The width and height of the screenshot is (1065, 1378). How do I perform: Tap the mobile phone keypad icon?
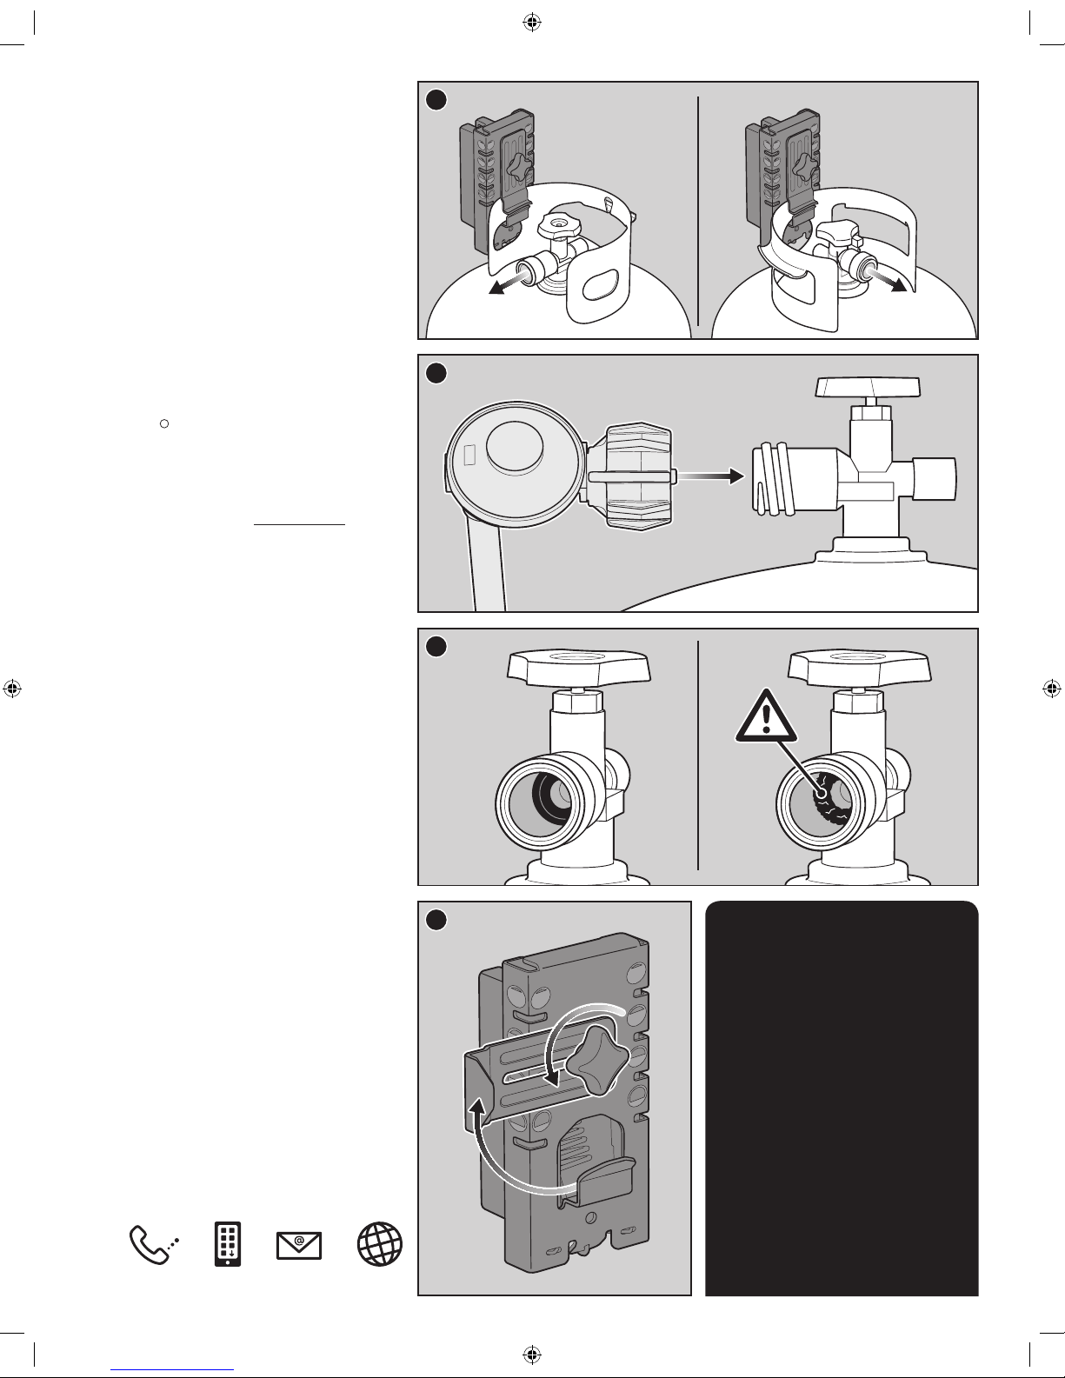228,1245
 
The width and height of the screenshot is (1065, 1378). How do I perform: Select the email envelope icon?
298,1246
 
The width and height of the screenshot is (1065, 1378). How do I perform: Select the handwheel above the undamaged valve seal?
577,666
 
